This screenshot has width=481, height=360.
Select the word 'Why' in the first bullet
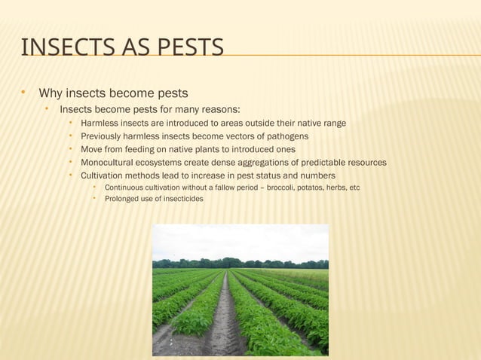[51, 94]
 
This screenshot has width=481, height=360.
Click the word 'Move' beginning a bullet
[93, 149]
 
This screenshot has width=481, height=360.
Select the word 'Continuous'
[127, 187]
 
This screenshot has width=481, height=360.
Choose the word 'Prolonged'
[124, 199]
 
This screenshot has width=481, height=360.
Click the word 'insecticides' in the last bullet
[181, 199]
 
